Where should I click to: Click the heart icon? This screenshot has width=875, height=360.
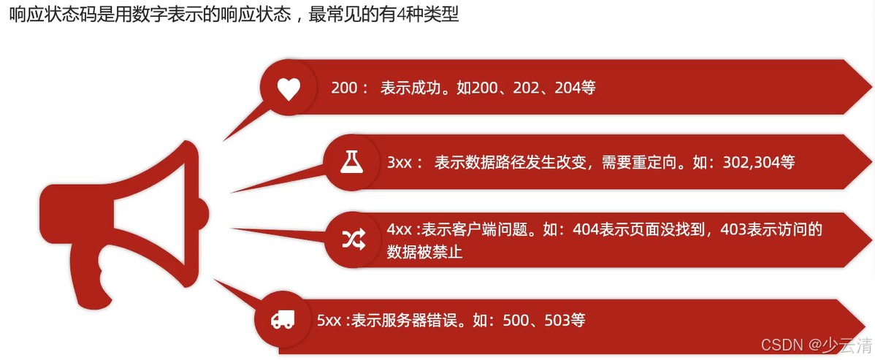(289, 88)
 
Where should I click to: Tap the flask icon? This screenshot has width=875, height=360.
(351, 162)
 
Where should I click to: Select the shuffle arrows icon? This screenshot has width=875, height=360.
(354, 240)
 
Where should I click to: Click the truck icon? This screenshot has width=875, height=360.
(283, 319)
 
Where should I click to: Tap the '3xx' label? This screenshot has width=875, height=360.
(400, 162)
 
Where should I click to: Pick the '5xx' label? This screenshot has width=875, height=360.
(330, 320)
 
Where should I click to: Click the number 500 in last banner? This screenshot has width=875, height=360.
(516, 320)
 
